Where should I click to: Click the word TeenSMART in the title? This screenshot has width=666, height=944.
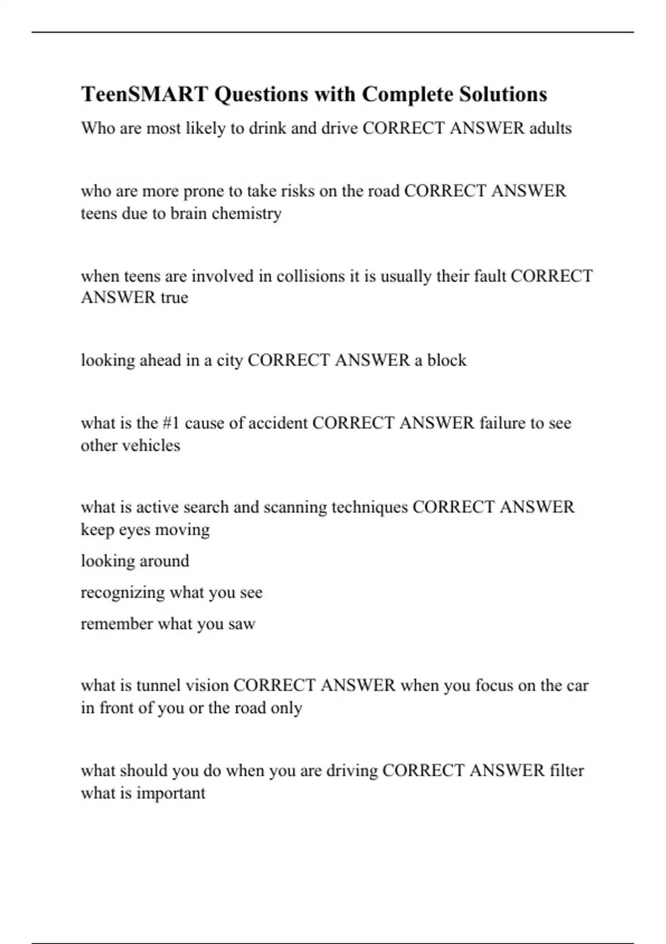click(145, 94)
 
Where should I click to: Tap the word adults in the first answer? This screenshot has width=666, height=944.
click(550, 128)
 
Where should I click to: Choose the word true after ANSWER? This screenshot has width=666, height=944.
click(174, 298)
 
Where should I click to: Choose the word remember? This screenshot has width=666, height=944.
click(117, 624)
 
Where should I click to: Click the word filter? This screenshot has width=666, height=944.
click(567, 771)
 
